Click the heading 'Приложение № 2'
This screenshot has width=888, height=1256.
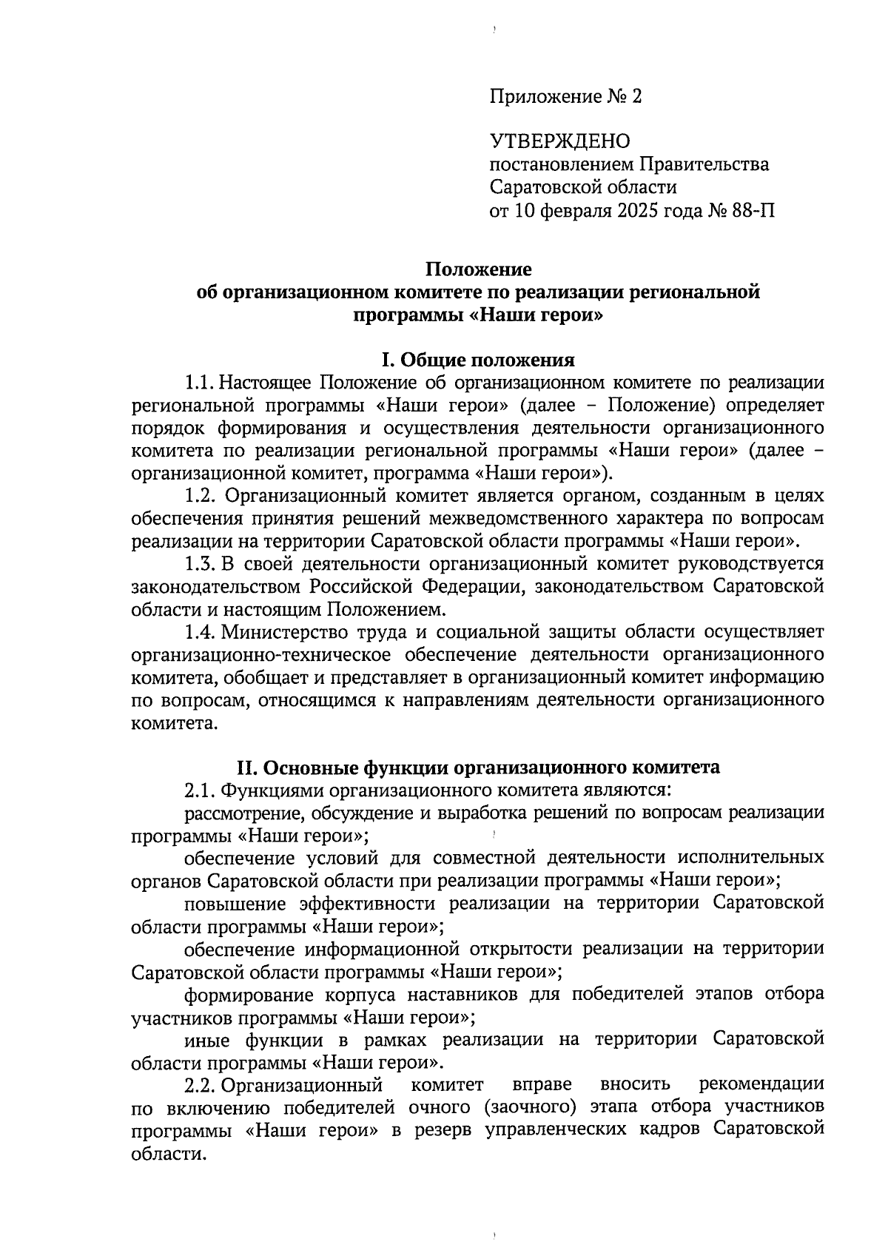pos(566,96)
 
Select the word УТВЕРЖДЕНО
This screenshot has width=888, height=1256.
pos(559,141)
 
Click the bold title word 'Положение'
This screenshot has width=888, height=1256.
pos(478,270)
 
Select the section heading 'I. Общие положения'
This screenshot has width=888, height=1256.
pos(478,360)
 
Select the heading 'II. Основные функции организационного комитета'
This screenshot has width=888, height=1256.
pos(478,768)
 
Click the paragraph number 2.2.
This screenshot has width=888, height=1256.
pos(200,1085)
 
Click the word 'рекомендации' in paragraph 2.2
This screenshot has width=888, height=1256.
pos(762,1085)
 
